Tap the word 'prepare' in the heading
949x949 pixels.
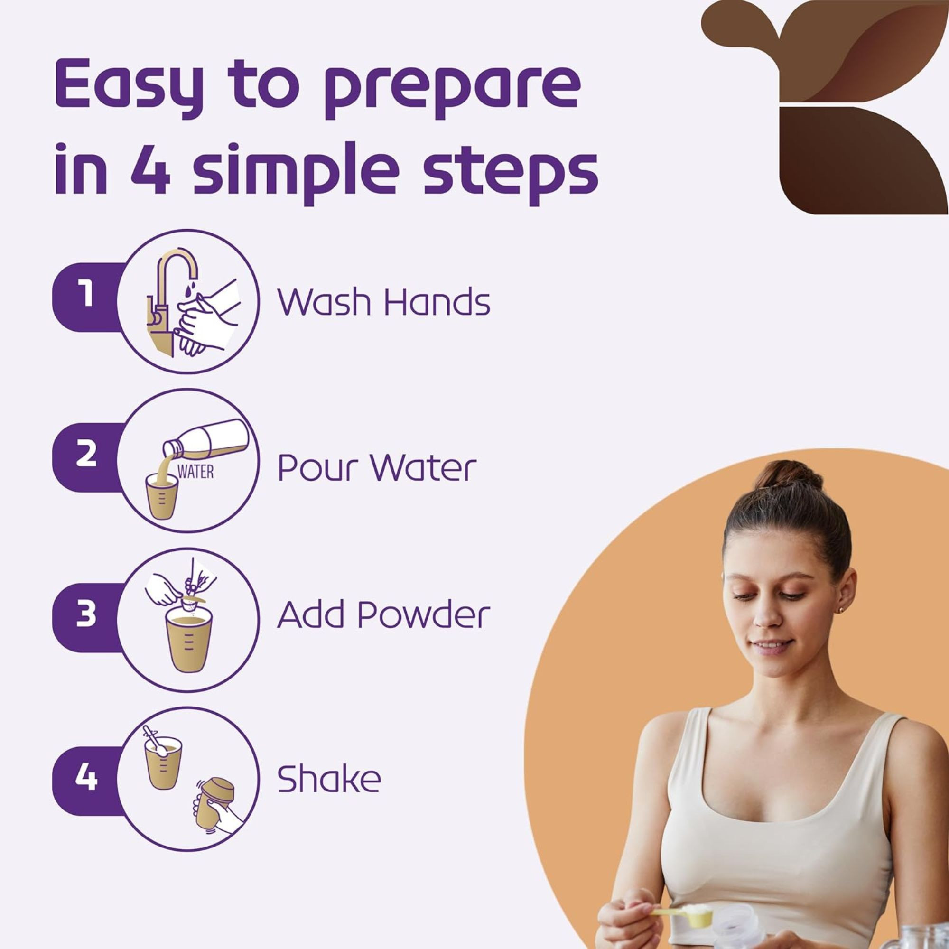click(451, 87)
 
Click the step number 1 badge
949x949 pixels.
click(86, 295)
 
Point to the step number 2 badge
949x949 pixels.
click(86, 455)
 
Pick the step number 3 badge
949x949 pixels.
click(86, 614)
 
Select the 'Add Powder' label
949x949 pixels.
click(383, 614)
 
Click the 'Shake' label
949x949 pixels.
click(329, 779)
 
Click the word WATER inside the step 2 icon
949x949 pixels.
click(195, 472)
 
